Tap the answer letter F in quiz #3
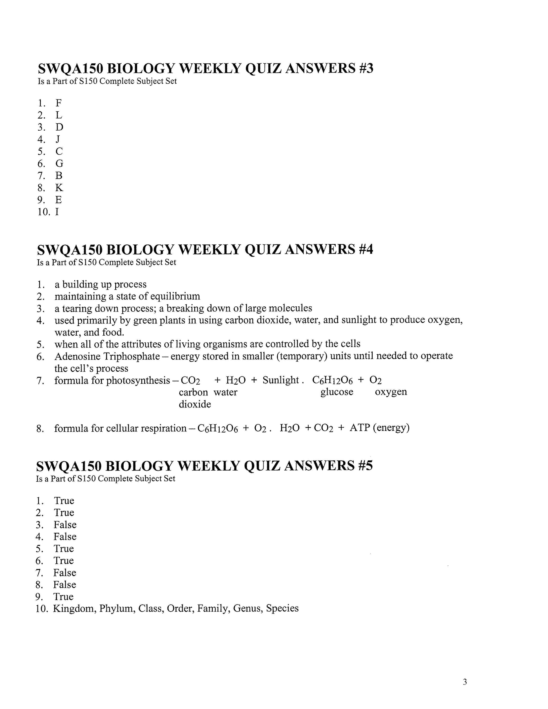point(59,103)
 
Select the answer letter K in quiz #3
point(59,188)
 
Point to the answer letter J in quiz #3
point(58,139)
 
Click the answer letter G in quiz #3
point(59,163)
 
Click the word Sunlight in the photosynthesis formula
point(280,380)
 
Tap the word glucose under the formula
point(337,392)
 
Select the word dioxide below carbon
point(195,404)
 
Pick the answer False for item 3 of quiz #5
point(65,525)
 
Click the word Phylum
point(117,608)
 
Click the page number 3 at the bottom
point(465,673)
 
